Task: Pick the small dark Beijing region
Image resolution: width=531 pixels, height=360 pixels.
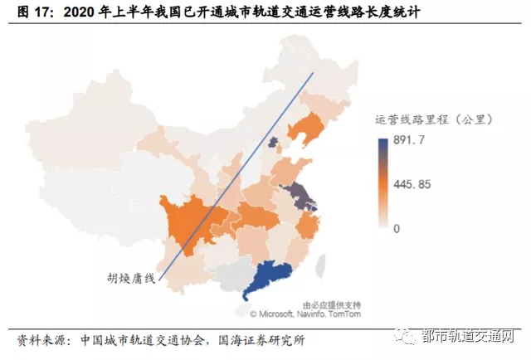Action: pyautogui.click(x=273, y=146)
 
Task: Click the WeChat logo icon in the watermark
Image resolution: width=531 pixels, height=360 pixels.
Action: pyautogui.click(x=407, y=338)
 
